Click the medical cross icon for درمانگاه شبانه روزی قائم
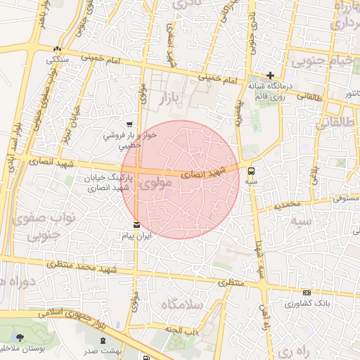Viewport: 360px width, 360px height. point(270,75)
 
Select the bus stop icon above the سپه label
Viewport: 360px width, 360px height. point(252,169)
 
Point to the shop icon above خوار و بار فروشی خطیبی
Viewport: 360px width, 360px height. point(129,123)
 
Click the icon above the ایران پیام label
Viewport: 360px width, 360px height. point(136,225)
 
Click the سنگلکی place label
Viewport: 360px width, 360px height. point(56,60)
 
